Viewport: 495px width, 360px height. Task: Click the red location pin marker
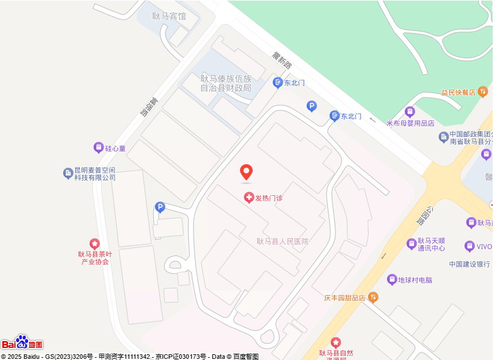coord(246,172)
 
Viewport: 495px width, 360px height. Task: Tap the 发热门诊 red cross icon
coord(249,198)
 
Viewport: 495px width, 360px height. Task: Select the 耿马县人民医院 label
coord(283,241)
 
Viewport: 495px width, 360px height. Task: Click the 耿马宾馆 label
coord(169,16)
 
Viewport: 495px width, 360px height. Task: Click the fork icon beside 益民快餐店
coord(483,91)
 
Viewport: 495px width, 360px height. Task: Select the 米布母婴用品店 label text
coord(410,123)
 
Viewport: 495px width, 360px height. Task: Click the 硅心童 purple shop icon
coord(99,148)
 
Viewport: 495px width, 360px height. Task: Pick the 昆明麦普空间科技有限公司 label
coord(95,174)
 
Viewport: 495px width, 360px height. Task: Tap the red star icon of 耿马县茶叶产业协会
coord(95,244)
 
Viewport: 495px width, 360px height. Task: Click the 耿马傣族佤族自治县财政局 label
coord(226,83)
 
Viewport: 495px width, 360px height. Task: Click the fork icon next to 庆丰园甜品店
coord(374,297)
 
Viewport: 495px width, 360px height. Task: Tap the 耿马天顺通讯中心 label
coord(431,245)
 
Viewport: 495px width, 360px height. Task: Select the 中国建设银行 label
coord(470,264)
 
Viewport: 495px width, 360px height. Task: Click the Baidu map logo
coord(22,343)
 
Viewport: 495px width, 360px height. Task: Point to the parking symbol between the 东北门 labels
coord(311,106)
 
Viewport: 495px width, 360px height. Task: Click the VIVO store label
coord(484,247)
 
